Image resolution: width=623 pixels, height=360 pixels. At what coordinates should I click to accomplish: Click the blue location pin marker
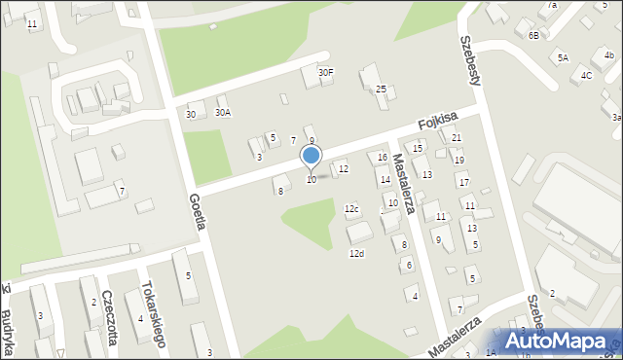point(311,156)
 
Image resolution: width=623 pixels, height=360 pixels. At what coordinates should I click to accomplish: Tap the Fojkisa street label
point(437,121)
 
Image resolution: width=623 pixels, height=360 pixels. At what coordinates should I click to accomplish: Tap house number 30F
point(326,72)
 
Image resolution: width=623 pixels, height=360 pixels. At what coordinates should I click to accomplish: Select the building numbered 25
point(382,90)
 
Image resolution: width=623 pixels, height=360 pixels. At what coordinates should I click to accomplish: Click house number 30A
point(223,113)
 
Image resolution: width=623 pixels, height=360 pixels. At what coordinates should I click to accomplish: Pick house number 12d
point(356,253)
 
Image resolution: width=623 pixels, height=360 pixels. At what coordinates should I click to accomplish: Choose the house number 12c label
point(351,209)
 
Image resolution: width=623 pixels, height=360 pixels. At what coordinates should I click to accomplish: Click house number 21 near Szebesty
point(456,138)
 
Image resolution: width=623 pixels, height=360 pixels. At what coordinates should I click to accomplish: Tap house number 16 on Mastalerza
point(383,158)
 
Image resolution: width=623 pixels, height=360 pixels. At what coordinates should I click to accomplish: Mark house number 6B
point(533,35)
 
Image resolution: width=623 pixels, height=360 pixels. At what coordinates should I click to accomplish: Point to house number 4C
point(586,75)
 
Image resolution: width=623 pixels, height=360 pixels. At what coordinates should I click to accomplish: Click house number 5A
point(563,58)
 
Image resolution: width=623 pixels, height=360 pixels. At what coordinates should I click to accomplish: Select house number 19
point(459,161)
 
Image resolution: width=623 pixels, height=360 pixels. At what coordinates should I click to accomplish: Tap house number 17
point(463,183)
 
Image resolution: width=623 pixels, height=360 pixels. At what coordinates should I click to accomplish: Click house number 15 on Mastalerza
point(418,148)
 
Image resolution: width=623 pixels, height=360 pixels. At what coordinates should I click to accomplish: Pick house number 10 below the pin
point(311,179)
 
